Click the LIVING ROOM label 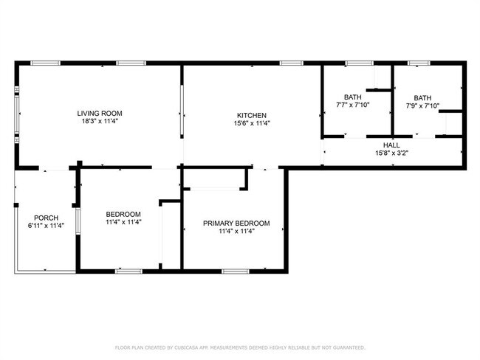pyautogui.click(x=100, y=114)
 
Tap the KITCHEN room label pyautogui.click(x=252, y=116)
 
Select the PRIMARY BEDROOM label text pyautogui.click(x=236, y=224)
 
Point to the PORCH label pyautogui.click(x=46, y=218)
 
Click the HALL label pyautogui.click(x=391, y=145)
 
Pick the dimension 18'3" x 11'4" pyautogui.click(x=100, y=121)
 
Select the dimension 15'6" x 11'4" pyautogui.click(x=252, y=123)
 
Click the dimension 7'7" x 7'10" pyautogui.click(x=353, y=105)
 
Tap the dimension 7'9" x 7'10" pyautogui.click(x=422, y=105)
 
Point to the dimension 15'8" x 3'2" pyautogui.click(x=391, y=153)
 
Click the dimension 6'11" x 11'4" pyautogui.click(x=46, y=226)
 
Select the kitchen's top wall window pyautogui.click(x=291, y=63)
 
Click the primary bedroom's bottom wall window pyautogui.click(x=235, y=271)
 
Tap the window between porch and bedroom pyautogui.click(x=78, y=221)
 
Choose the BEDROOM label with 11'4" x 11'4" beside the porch pyautogui.click(x=123, y=215)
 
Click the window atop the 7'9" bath pyautogui.click(x=419, y=63)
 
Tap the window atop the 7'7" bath pyautogui.click(x=359, y=63)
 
